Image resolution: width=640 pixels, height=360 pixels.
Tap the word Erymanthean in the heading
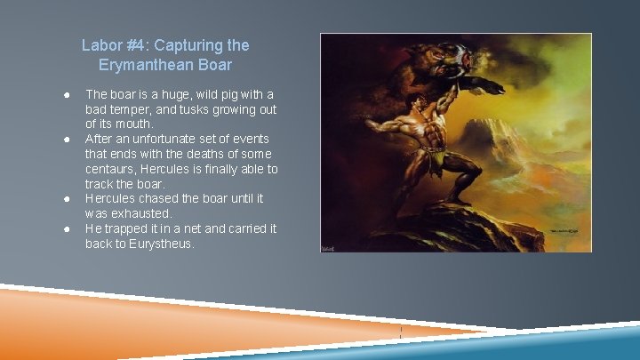[143, 65]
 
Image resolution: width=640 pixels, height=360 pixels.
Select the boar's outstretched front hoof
[489, 85]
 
